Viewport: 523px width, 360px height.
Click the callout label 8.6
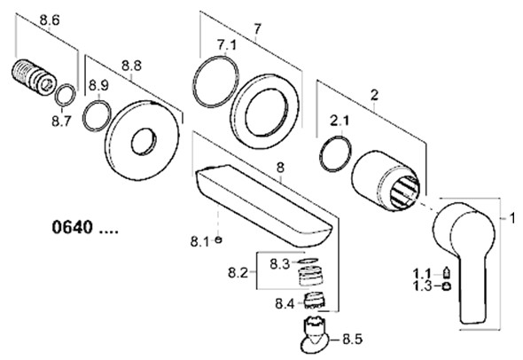point(50,20)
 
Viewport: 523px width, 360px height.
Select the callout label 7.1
point(226,44)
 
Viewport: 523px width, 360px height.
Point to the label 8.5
point(353,340)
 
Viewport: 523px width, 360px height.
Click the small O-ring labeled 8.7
point(65,94)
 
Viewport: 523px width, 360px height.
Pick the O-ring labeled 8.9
point(97,115)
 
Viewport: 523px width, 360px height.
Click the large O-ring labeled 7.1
point(215,82)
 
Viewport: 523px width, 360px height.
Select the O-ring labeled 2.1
point(335,153)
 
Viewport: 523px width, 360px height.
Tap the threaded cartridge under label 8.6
point(34,77)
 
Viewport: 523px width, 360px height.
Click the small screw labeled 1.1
point(446,272)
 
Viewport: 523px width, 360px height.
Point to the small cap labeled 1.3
point(446,286)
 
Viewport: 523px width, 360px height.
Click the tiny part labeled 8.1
point(218,239)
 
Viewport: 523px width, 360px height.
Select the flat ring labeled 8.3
point(307,261)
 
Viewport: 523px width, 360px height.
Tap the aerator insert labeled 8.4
point(316,300)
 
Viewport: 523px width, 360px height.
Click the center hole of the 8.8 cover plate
point(144,141)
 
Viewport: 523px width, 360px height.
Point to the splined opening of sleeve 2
point(404,192)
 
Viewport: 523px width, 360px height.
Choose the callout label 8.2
point(238,273)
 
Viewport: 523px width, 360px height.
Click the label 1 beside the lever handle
point(512,218)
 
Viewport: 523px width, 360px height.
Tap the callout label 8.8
point(131,66)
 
